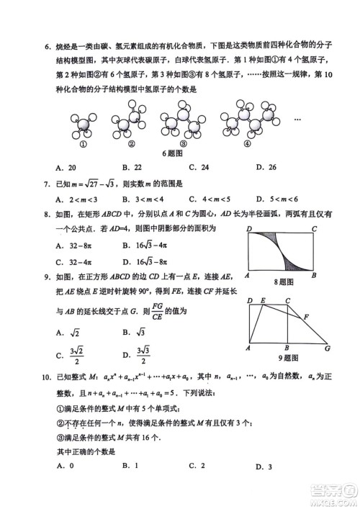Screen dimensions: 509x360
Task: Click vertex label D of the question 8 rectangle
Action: click(x=248, y=230)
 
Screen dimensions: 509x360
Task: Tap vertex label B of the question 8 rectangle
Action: click(x=314, y=276)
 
